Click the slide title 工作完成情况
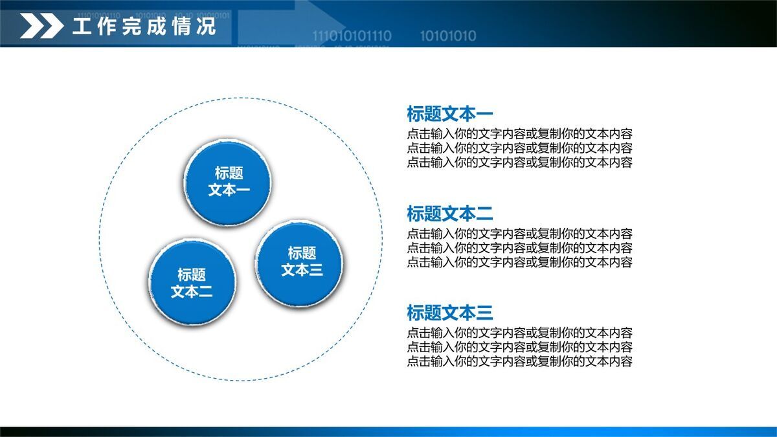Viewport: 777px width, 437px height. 144,27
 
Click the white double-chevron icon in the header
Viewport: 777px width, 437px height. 41,27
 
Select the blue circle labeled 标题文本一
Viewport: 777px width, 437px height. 228,182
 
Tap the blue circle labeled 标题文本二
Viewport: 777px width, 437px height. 192,283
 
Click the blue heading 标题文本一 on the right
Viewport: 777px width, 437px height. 449,114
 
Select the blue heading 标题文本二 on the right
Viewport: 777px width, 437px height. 449,213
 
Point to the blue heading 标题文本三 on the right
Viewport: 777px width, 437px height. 449,313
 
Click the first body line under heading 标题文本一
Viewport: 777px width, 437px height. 519,134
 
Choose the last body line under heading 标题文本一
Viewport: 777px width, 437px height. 519,162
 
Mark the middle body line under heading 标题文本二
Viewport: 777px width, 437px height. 519,248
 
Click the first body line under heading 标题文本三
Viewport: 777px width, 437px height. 519,333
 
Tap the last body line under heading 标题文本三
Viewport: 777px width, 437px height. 519,361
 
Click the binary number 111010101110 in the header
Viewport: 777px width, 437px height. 352,36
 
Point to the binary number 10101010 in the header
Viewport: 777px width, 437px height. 447,36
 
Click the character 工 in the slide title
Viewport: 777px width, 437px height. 82,27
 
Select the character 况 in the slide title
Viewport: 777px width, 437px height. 206,27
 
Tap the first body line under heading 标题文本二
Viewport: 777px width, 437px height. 519,234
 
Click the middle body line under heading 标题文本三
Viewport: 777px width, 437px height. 519,347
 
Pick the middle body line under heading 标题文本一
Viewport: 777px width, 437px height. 519,148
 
